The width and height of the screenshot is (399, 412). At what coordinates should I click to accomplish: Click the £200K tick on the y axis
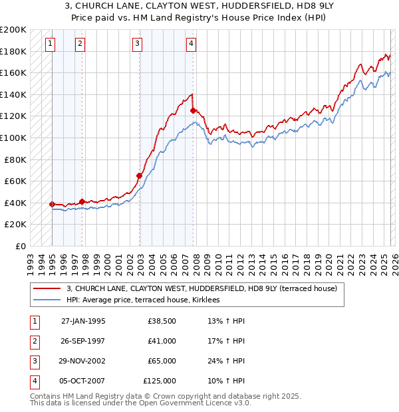[13, 30]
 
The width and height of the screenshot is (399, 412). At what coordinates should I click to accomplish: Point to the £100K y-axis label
[13, 138]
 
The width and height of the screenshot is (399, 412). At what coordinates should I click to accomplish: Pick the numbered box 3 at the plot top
[136, 45]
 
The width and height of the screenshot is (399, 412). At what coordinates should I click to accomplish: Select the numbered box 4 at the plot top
[191, 45]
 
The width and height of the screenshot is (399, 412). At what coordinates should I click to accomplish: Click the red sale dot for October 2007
[193, 110]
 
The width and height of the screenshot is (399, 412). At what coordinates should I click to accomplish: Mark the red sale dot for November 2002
[140, 175]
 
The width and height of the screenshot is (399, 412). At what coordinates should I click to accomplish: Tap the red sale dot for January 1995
[52, 204]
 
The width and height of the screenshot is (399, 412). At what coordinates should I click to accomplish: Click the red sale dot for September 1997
[82, 201]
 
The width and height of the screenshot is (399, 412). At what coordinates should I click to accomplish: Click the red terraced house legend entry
[202, 288]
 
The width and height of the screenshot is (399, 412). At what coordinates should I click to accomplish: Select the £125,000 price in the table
[160, 381]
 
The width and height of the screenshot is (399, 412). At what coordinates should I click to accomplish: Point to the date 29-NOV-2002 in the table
[83, 361]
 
